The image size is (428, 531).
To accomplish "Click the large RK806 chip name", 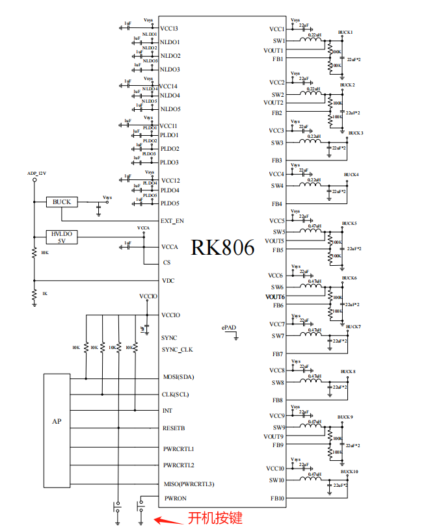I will coord(222,248).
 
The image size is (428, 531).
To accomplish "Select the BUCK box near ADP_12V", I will coord(62,202).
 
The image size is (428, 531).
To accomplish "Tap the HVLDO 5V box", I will coord(62,237).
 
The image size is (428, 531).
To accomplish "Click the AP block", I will coord(57,421).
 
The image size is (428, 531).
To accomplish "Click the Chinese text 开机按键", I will coord(215,518).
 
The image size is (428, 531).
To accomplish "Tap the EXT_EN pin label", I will coord(172,220).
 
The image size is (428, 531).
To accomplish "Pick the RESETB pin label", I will coord(173,428).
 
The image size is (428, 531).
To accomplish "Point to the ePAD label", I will coord(228,328).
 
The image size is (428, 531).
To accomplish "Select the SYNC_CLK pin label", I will coord(177,350).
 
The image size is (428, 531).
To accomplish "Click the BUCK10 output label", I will coord(349,471).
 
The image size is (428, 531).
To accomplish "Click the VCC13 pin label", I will coord(169,29).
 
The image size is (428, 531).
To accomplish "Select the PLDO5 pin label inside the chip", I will coord(169,203).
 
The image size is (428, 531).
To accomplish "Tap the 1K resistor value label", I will coord(44,294).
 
